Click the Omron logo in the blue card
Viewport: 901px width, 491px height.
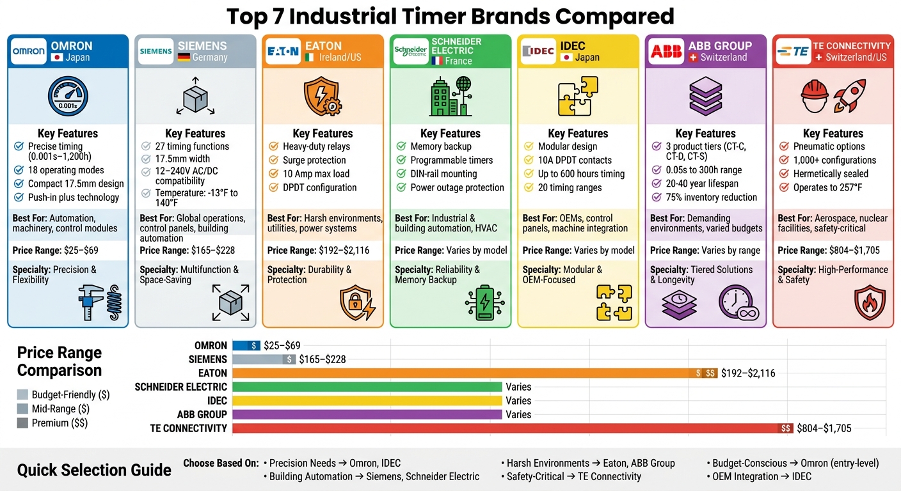(x=29, y=51)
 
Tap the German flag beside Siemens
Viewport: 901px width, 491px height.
(x=184, y=58)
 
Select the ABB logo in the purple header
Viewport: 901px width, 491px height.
(x=666, y=51)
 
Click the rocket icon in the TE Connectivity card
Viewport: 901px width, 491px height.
(x=850, y=95)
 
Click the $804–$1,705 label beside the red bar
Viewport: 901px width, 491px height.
(x=824, y=428)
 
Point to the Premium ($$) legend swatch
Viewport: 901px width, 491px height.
(x=22, y=423)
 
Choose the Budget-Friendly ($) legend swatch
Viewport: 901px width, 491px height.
(x=22, y=395)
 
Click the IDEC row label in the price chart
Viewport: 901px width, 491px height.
(x=217, y=401)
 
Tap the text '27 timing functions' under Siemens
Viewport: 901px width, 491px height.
(x=193, y=146)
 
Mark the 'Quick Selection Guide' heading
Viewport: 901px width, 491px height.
(x=94, y=471)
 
